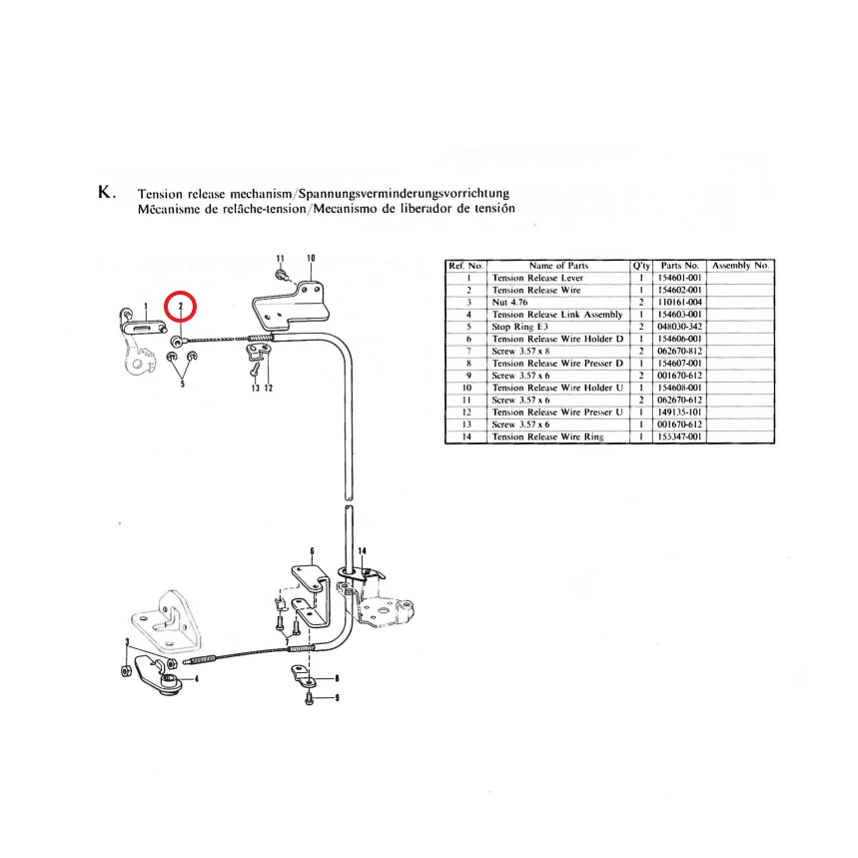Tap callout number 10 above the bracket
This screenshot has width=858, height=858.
click(x=311, y=258)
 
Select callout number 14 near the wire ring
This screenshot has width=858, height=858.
click(x=362, y=550)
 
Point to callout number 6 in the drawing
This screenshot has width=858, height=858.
click(x=313, y=550)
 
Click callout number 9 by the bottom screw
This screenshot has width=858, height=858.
click(x=337, y=698)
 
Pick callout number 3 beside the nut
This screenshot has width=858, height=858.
click(x=127, y=642)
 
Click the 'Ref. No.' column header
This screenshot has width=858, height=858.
click(x=466, y=266)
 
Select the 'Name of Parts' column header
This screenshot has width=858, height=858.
click(x=558, y=266)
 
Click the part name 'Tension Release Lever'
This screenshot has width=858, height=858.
click(x=537, y=278)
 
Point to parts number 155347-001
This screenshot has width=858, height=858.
click(x=681, y=436)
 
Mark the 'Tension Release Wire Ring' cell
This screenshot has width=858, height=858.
click(x=547, y=436)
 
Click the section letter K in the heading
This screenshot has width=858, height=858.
click(x=106, y=193)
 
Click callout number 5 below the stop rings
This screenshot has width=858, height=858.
click(x=182, y=381)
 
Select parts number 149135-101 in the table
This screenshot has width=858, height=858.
click(x=681, y=412)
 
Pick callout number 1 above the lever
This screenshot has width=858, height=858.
click(x=146, y=306)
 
